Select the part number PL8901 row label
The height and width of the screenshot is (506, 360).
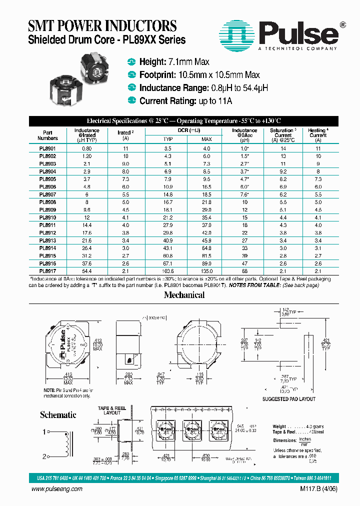(x=47, y=148)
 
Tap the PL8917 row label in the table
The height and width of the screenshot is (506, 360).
(x=47, y=270)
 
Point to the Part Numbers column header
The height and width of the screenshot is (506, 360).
(x=47, y=135)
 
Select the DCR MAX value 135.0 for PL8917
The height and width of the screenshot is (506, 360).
(x=206, y=270)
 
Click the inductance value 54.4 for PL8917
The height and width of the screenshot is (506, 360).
(x=87, y=270)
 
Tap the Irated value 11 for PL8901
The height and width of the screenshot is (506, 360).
(x=125, y=148)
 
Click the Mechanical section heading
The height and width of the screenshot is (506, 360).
(x=184, y=295)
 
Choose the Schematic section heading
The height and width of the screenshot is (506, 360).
(x=58, y=414)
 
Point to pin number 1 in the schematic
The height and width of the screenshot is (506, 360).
(x=44, y=431)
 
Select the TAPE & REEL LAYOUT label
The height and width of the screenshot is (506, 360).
(x=112, y=410)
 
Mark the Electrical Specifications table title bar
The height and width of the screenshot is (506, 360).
(x=183, y=121)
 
